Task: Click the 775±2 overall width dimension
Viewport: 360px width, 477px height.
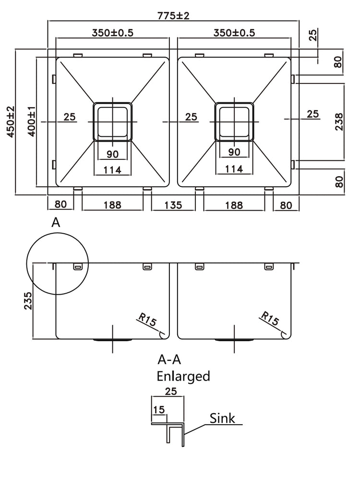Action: click(x=173, y=15)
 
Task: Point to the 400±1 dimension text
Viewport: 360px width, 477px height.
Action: click(x=31, y=122)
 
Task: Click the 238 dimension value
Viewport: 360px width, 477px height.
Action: click(x=338, y=122)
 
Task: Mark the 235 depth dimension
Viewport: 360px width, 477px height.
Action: click(x=27, y=301)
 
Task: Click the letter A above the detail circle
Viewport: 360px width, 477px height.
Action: click(x=56, y=222)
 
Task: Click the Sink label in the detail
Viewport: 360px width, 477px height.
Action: click(x=222, y=418)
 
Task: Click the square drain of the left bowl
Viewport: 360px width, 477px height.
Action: click(x=112, y=121)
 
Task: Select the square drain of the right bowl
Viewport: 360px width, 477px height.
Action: click(x=234, y=121)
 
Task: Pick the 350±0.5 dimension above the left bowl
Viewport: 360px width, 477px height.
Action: click(x=112, y=33)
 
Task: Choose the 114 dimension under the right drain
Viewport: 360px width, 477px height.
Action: click(x=234, y=169)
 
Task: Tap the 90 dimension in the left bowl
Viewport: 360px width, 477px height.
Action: click(x=112, y=154)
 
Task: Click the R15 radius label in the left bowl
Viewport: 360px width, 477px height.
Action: click(x=146, y=321)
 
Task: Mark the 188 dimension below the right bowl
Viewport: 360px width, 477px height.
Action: click(x=234, y=205)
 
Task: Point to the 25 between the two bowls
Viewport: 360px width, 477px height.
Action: click(x=191, y=117)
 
